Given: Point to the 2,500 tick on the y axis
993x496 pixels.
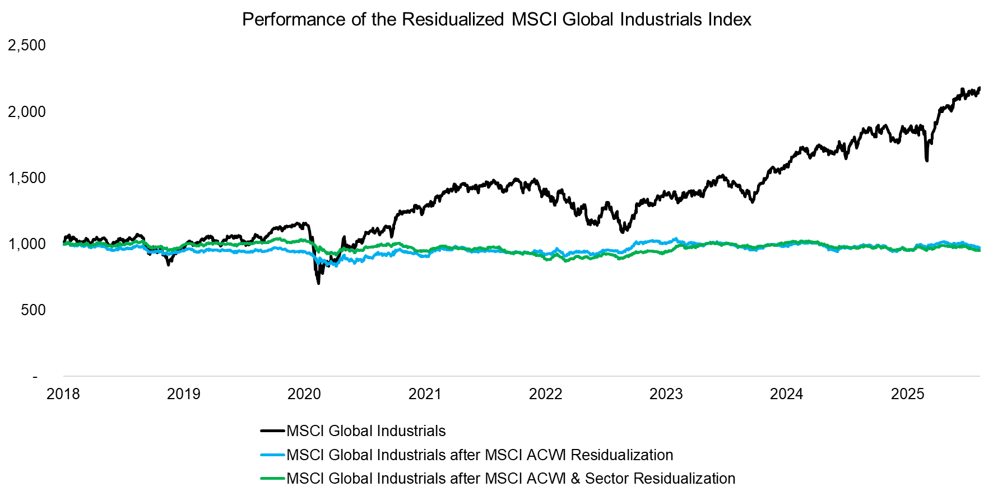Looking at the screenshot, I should tap(26, 45).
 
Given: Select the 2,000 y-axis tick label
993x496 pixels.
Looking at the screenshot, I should tap(26, 112).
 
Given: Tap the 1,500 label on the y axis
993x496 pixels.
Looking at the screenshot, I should tap(26, 178).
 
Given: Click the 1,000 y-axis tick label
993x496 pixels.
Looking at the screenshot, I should tap(26, 244).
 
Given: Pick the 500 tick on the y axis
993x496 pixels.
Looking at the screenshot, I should tap(33, 310).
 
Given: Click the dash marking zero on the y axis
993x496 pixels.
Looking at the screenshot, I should tap(35, 377).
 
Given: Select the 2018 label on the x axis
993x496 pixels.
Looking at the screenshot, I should tap(63, 394).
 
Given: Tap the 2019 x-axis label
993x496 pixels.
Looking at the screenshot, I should tap(184, 394).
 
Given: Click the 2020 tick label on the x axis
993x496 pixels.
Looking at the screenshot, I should tap(304, 394).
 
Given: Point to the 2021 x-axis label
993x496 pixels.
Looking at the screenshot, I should tap(425, 394).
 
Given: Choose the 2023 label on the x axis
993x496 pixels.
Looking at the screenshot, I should tap(666, 394).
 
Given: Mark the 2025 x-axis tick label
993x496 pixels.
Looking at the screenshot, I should tap(907, 394).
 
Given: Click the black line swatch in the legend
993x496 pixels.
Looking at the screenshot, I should tap(273, 431).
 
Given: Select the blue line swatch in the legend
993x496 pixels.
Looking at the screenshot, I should tap(273, 455).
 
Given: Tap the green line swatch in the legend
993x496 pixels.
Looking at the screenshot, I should tap(273, 479).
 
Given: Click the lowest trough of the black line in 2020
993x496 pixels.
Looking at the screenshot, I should tap(319, 283).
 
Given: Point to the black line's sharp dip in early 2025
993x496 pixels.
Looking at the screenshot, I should tap(926, 160).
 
